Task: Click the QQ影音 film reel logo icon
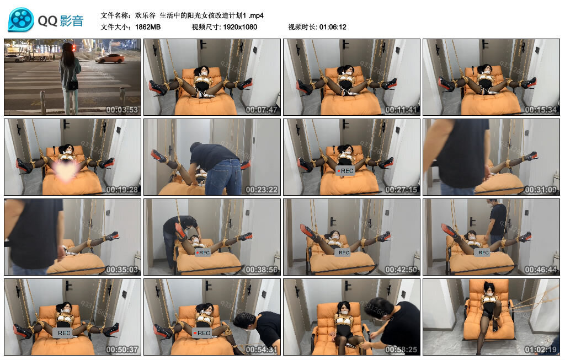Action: [21, 20]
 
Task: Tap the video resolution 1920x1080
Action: [240, 27]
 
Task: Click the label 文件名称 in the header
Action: [116, 15]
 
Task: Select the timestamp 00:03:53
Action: [122, 110]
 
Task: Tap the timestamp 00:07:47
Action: [262, 110]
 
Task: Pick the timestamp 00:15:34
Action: [541, 110]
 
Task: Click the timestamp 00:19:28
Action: [122, 190]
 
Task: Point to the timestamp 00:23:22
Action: [262, 190]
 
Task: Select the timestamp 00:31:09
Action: [541, 190]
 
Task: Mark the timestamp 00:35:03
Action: [122, 270]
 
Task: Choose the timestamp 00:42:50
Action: [402, 270]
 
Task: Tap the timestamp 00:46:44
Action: [541, 270]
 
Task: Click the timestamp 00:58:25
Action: [402, 350]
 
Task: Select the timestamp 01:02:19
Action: [541, 350]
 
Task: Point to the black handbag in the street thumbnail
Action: [72, 85]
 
